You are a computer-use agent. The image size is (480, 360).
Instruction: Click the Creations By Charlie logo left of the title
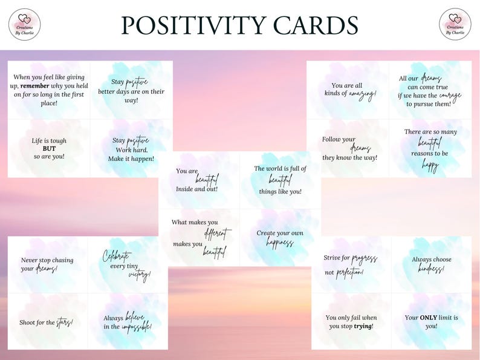click(25, 24)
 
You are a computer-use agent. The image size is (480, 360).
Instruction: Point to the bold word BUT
click(49, 148)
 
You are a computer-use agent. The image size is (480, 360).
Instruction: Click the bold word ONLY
click(429, 318)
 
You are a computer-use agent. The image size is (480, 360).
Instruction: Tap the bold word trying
click(363, 326)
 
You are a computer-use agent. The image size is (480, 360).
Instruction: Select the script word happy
click(430, 164)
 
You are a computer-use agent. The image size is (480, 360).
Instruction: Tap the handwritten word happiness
click(280, 243)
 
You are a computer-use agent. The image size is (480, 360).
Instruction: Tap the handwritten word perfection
click(350, 272)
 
